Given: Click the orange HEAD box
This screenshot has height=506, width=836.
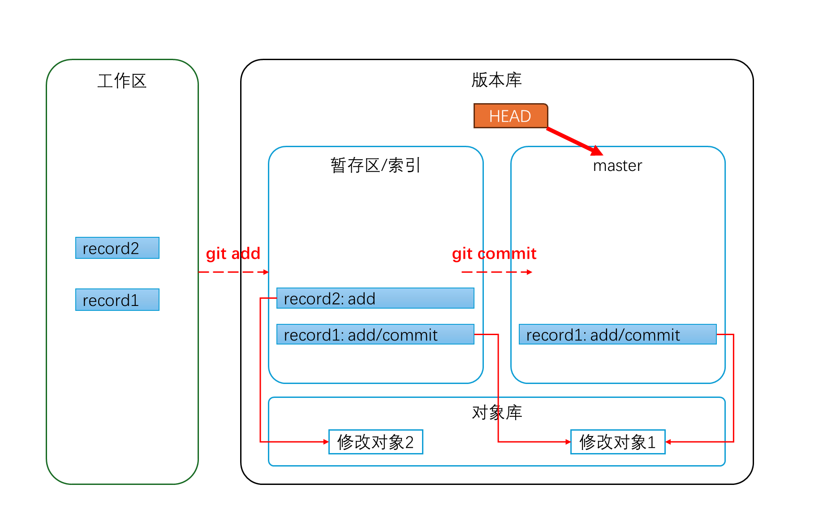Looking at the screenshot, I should (x=510, y=116).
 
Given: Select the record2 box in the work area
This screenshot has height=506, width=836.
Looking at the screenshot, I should (x=117, y=248).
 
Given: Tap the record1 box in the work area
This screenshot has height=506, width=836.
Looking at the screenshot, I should (x=117, y=300).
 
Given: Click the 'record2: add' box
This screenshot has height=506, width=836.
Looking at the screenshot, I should (x=375, y=298).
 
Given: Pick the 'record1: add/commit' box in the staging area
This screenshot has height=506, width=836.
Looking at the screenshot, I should (x=375, y=335).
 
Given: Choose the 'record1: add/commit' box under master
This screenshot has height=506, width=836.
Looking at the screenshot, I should (x=617, y=335).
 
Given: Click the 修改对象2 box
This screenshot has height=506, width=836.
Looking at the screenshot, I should (x=375, y=442).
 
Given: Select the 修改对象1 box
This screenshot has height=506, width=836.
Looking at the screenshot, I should (x=617, y=442).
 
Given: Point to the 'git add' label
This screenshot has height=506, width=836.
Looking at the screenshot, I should (x=233, y=254).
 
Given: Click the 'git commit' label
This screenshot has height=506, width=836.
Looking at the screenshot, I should (x=494, y=254).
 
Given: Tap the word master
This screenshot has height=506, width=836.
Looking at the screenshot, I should (x=617, y=166).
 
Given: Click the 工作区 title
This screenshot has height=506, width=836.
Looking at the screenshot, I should (x=122, y=81).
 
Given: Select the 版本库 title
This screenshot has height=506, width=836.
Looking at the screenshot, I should (x=496, y=80).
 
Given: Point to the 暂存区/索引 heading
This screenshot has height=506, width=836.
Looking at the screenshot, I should (x=375, y=166).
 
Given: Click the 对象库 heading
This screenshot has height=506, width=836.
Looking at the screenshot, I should (x=496, y=412).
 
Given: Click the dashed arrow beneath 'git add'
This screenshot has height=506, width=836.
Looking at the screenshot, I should (x=233, y=272).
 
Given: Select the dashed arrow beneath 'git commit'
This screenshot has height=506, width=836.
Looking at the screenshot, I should (x=496, y=272).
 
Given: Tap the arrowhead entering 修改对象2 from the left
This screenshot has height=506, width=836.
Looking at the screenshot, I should (x=326, y=442).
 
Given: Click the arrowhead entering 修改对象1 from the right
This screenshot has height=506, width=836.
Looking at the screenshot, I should (x=668, y=442).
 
